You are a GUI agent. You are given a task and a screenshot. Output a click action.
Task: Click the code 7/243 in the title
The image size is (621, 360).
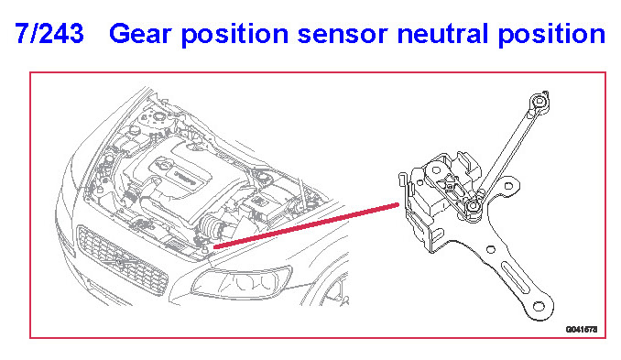[x=49, y=34]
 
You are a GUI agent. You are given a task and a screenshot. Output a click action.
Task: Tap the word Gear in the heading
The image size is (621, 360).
[x=140, y=34]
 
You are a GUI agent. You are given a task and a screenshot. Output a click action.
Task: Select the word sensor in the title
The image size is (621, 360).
[x=343, y=35]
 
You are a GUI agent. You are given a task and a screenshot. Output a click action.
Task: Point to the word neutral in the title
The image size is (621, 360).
[x=442, y=34]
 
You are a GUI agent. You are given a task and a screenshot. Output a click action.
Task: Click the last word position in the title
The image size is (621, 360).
[x=551, y=35]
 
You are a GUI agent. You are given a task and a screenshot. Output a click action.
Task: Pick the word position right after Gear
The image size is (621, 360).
[x=234, y=35]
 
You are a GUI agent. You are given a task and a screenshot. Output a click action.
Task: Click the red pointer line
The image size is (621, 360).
[x=306, y=226]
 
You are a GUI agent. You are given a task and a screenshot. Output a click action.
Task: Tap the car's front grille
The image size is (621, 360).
[x=122, y=259]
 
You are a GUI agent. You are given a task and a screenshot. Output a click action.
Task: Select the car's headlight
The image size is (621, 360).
[x=242, y=282]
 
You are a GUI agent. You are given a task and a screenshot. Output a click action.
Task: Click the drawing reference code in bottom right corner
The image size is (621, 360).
[x=582, y=329]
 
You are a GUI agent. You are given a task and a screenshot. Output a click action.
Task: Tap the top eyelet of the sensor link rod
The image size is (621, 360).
[x=539, y=102]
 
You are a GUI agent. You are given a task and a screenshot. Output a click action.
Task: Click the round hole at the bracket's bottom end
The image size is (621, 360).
[x=539, y=306]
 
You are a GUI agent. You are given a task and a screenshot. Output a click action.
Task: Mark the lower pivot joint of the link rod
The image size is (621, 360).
[x=472, y=206]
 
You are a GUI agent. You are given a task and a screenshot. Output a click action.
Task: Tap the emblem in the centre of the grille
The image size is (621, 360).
[x=119, y=262]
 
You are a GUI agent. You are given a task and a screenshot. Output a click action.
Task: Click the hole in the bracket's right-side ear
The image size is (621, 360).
[x=509, y=185]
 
